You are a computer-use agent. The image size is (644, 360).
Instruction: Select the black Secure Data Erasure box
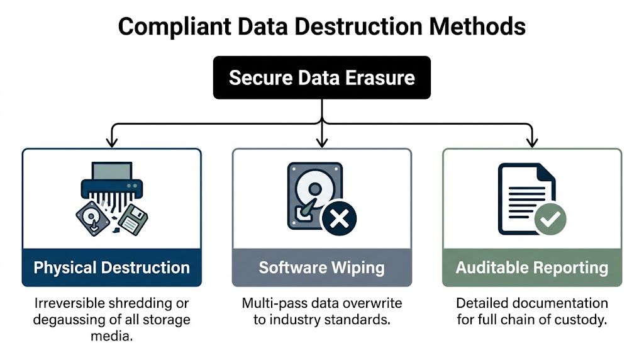pyautogui.click(x=321, y=77)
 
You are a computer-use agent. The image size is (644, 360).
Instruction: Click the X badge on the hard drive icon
pyautogui.click(x=338, y=219)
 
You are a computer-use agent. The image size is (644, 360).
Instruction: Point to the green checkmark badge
pyautogui.click(x=550, y=219)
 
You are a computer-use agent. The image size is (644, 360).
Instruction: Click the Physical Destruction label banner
pyautogui.click(x=111, y=267)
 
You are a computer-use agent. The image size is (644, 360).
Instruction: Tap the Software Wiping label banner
pyautogui.click(x=321, y=267)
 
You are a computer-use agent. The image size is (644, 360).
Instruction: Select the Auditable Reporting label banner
pyautogui.click(x=532, y=267)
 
